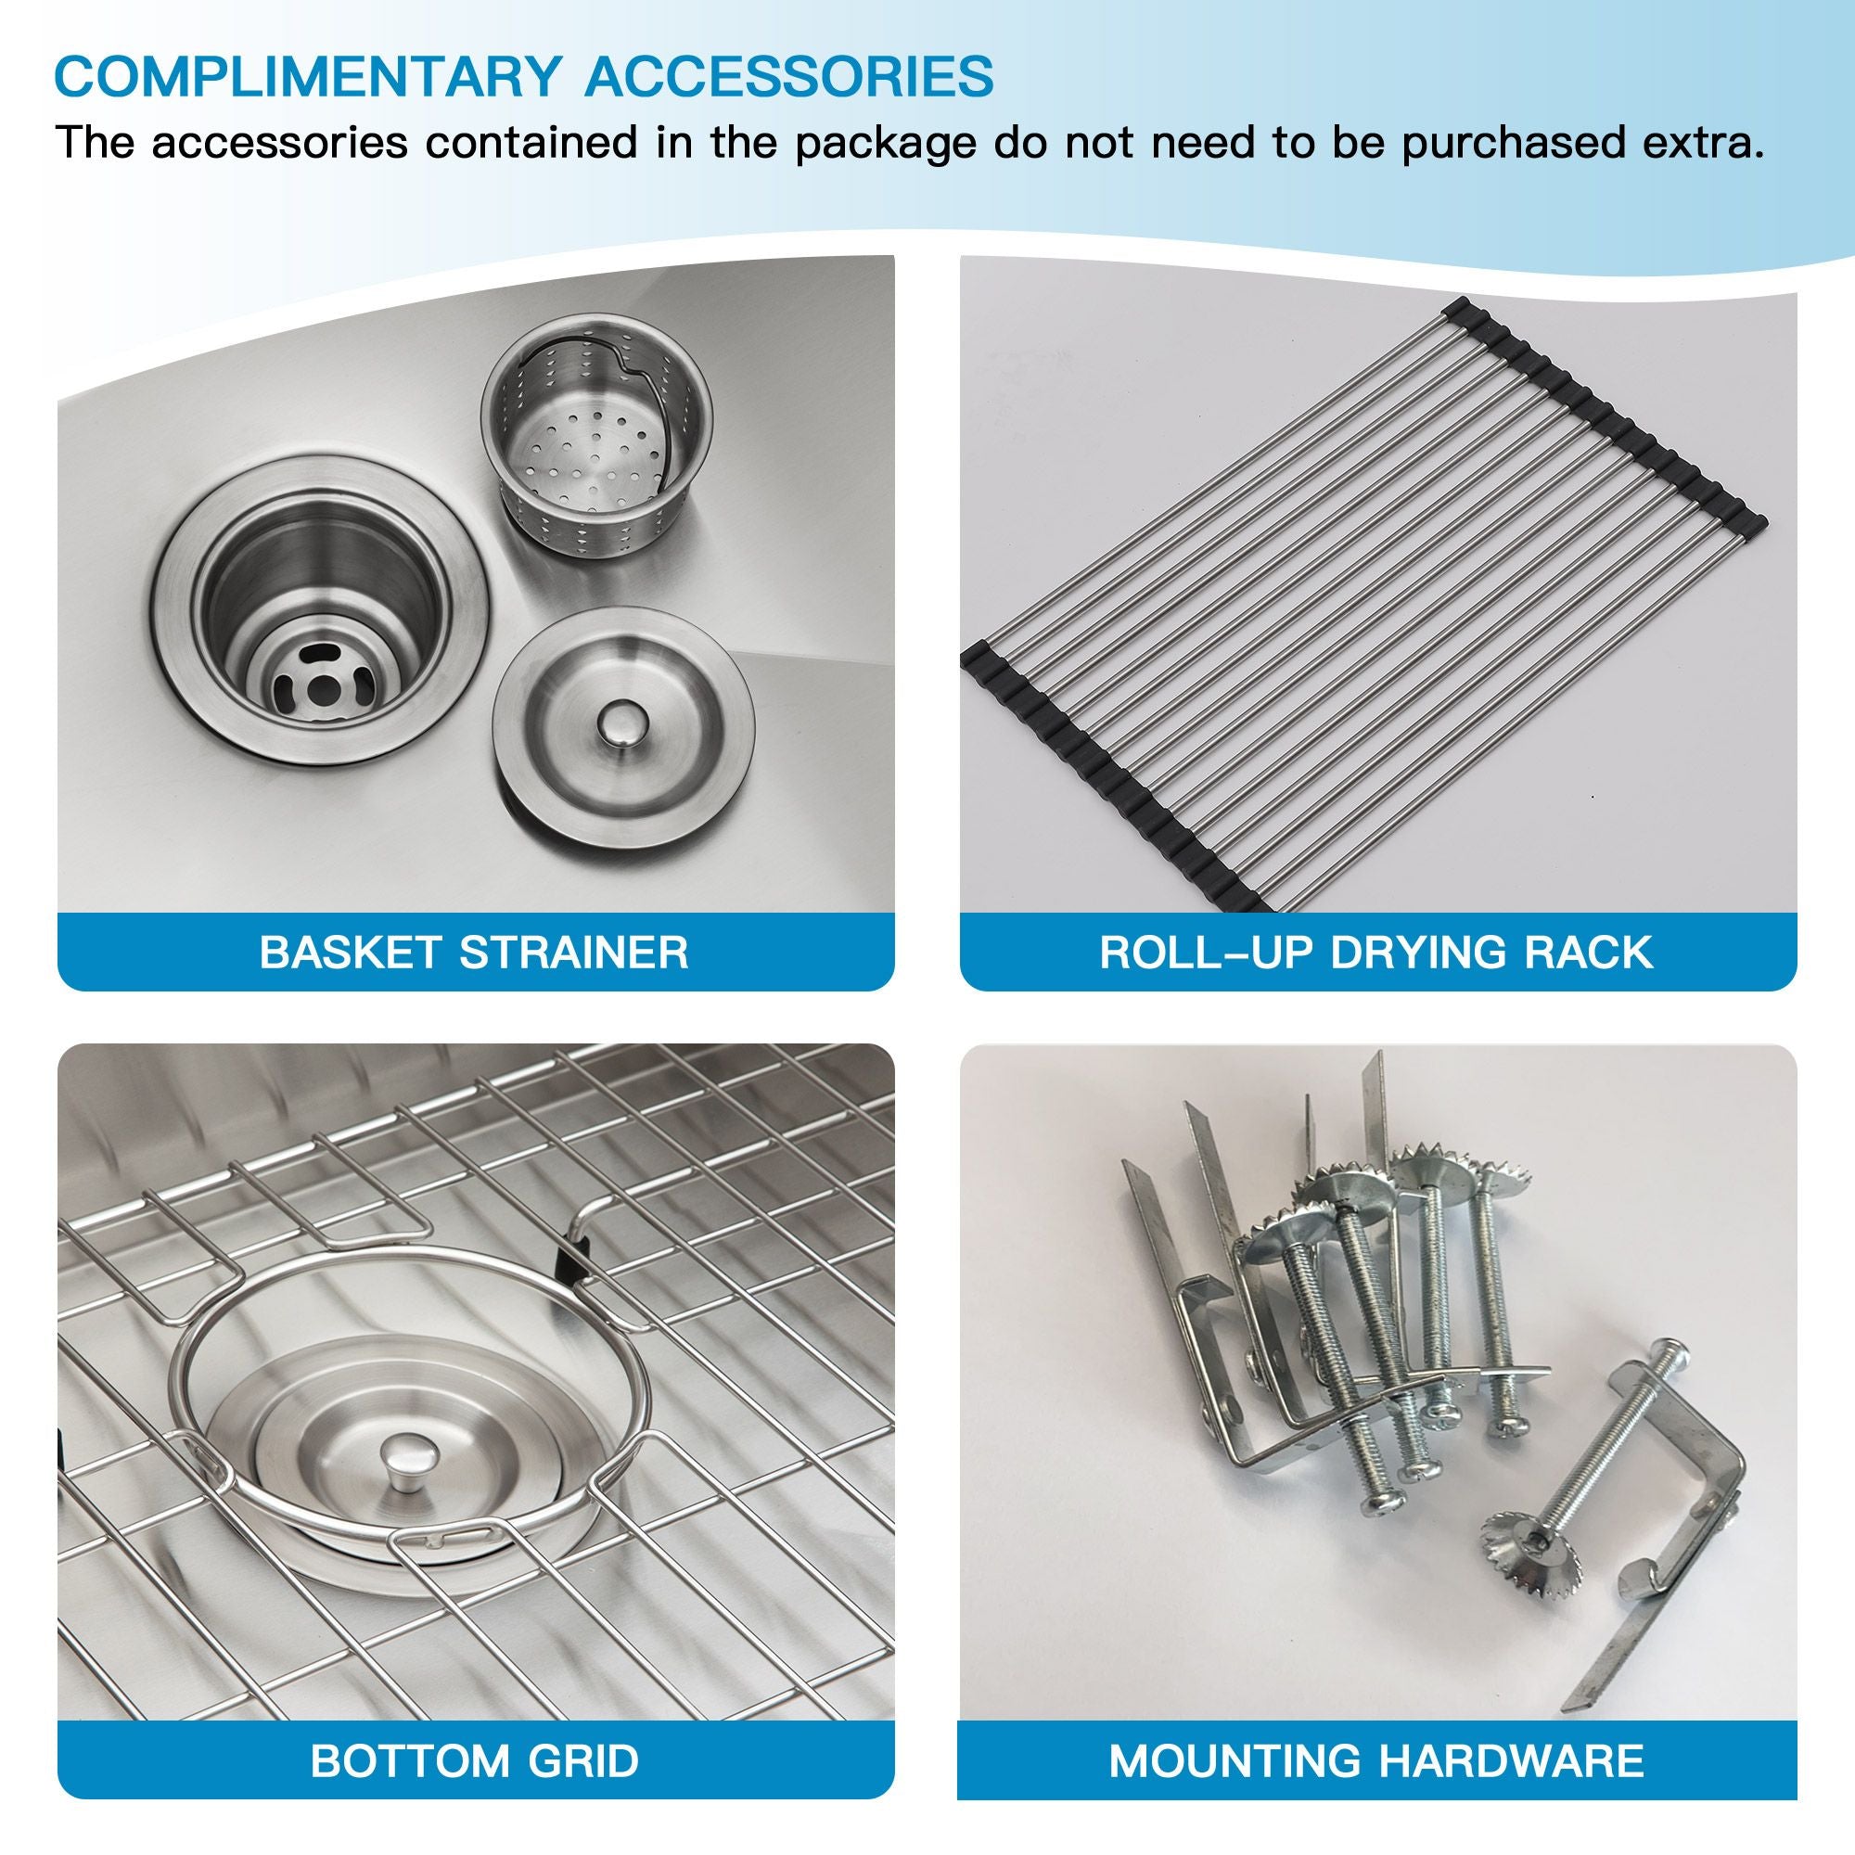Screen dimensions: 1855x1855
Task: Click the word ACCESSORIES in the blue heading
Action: (790, 76)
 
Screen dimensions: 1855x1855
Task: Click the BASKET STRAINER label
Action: (474, 953)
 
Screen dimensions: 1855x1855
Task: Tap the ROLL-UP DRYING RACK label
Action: (1376, 953)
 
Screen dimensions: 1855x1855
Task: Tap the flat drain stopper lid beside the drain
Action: (623, 729)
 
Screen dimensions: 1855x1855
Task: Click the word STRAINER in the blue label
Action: (574, 953)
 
